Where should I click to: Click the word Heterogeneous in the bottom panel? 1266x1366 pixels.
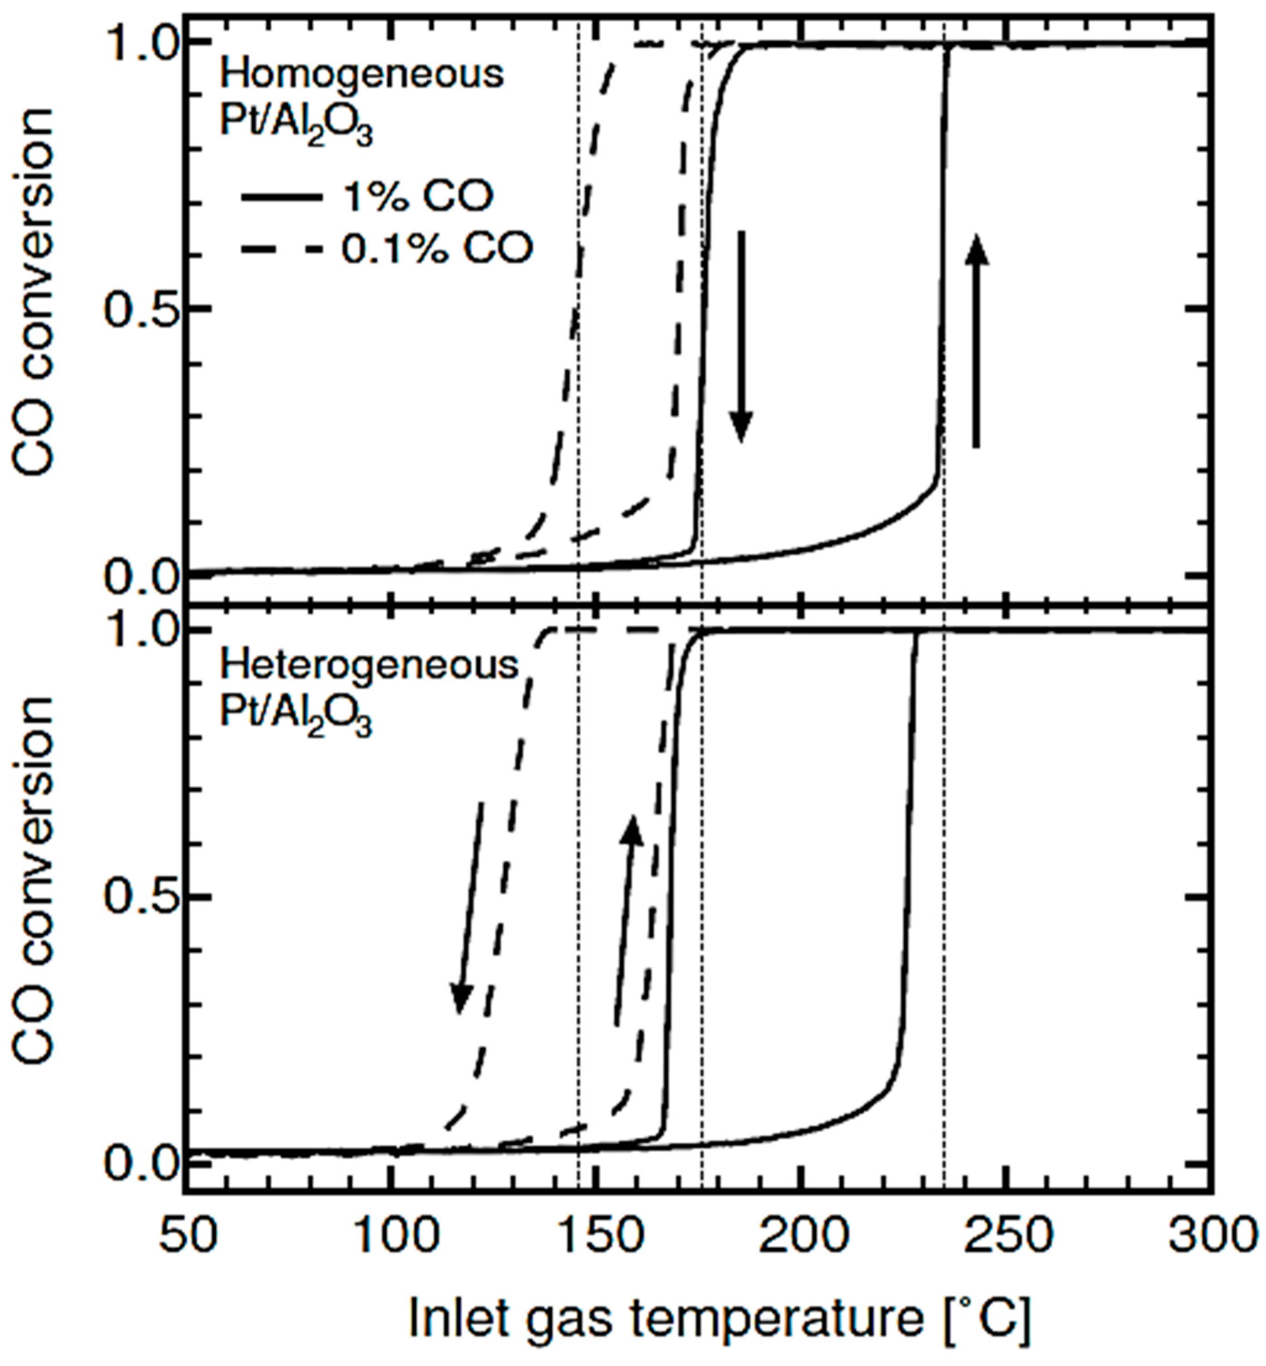[368, 666]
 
